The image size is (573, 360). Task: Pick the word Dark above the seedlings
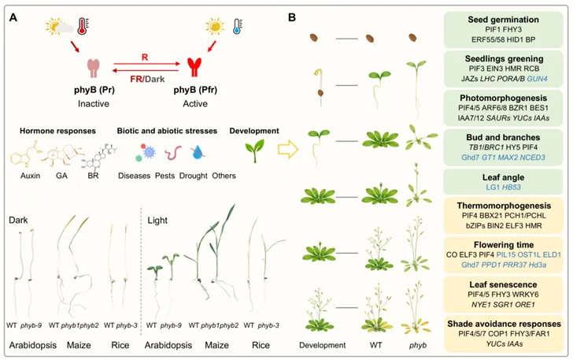click(x=17, y=217)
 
